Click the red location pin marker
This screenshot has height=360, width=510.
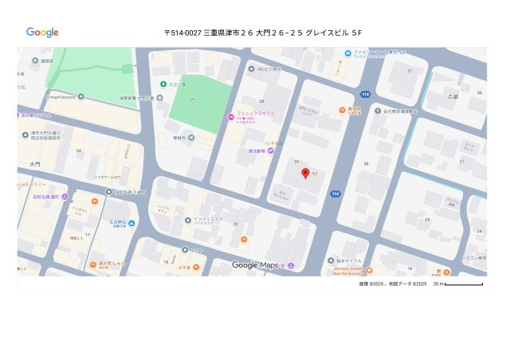coord(304,174)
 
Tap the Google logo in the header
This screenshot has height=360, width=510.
coord(42,33)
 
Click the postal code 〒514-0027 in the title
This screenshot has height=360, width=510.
coord(182,33)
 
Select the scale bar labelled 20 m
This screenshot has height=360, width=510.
coord(463,284)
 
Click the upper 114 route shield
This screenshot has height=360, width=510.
coord(364,93)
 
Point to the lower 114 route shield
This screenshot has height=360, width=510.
coord(335,194)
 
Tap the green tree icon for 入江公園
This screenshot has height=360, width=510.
coord(163,84)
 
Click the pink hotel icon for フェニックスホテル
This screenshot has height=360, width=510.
coord(231,116)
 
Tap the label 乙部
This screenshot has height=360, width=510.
coord(453,96)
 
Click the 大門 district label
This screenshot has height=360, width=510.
coord(34,163)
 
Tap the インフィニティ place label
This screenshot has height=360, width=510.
coord(210,218)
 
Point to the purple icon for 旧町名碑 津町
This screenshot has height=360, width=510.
coord(65,197)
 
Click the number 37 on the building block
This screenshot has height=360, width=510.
coord(410,71)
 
